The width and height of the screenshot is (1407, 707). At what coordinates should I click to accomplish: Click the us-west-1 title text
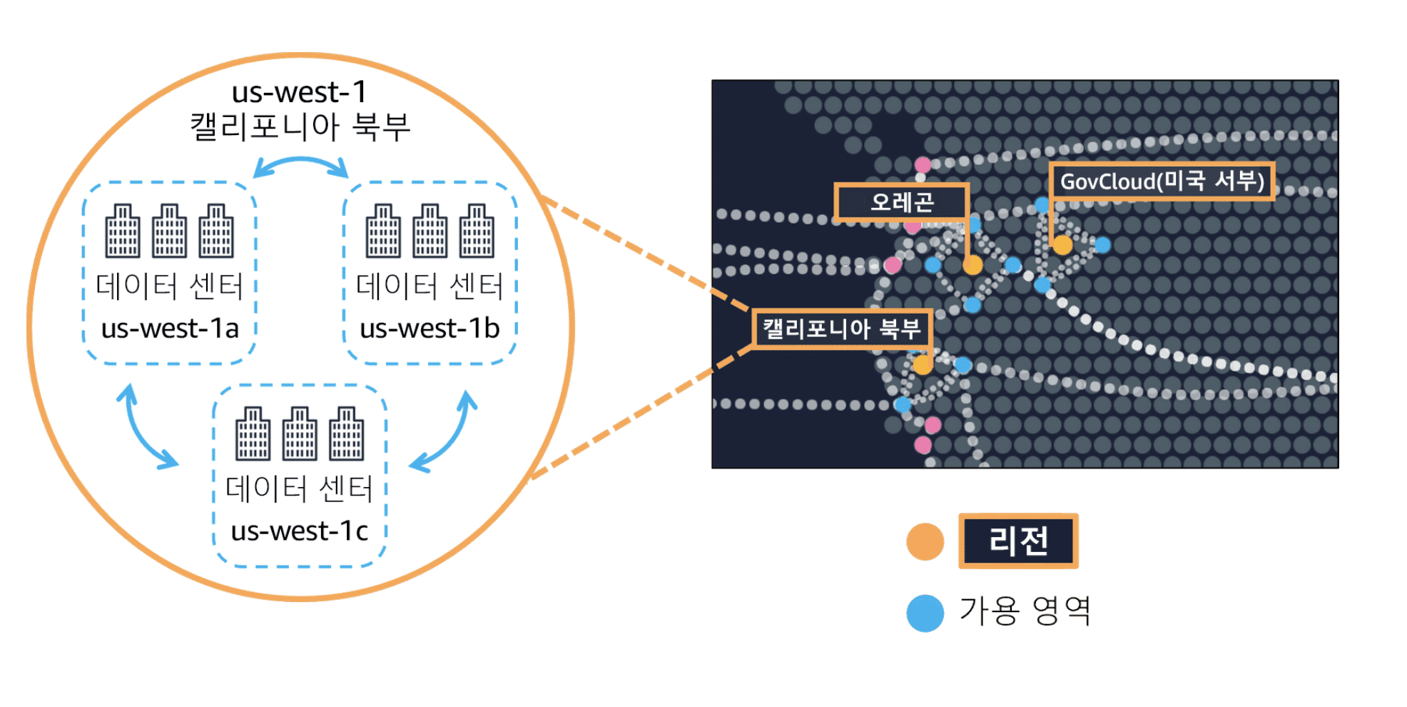click(x=300, y=92)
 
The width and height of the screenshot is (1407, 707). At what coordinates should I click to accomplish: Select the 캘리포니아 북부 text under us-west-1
click(x=300, y=127)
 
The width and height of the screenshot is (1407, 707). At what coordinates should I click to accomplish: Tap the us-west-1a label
click(x=170, y=329)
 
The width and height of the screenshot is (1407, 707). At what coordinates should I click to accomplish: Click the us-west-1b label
click(x=430, y=329)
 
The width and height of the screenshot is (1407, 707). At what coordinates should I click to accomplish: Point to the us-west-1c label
click(x=300, y=531)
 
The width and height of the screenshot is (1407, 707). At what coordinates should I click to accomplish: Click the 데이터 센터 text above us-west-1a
click(x=170, y=286)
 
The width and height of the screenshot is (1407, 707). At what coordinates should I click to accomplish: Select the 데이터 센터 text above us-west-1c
click(x=300, y=489)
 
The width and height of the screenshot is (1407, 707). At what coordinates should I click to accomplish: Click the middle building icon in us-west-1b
click(x=430, y=231)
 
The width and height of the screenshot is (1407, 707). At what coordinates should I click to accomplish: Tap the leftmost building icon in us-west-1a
click(x=123, y=231)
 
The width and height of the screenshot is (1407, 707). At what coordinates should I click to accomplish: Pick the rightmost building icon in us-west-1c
click(x=347, y=433)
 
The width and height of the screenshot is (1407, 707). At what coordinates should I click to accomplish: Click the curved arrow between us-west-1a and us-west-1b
click(x=300, y=164)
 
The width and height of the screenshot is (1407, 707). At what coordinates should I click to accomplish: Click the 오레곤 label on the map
click(x=902, y=202)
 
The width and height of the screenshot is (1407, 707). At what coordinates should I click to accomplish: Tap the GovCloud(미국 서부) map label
click(x=1162, y=181)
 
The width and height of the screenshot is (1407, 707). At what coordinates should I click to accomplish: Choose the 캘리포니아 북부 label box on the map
click(x=842, y=329)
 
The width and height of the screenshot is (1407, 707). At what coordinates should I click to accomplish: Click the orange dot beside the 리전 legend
click(x=925, y=542)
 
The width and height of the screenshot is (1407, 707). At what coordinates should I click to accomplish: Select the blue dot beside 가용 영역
click(x=925, y=613)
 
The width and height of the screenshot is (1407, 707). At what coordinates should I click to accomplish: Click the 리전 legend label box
click(x=1018, y=541)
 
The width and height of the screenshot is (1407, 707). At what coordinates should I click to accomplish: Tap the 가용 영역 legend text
click(x=1025, y=611)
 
